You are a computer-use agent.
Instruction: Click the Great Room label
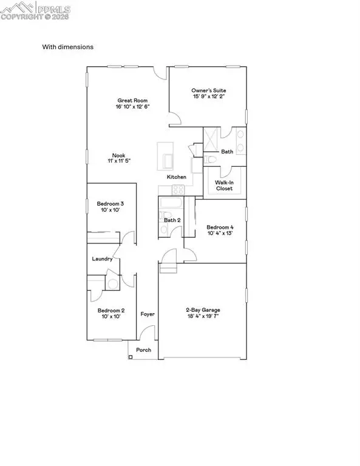132,100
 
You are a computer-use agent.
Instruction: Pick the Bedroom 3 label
110,203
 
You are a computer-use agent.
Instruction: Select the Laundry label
102,259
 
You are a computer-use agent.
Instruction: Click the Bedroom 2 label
110,310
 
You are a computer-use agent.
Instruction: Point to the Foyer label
147,314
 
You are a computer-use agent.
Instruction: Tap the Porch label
143,350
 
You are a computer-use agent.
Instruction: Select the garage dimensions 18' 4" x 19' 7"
203,317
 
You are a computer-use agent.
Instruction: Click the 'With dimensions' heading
67,47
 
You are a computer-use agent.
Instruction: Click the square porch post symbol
131,357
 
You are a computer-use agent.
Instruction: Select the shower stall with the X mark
210,139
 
